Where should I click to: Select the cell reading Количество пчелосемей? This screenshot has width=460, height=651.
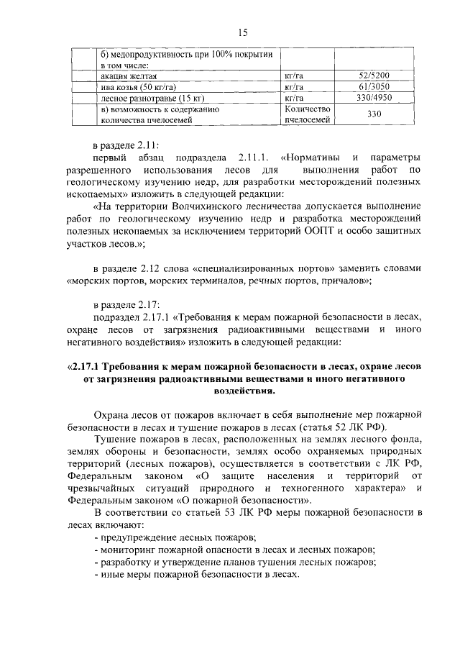click(307, 114)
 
